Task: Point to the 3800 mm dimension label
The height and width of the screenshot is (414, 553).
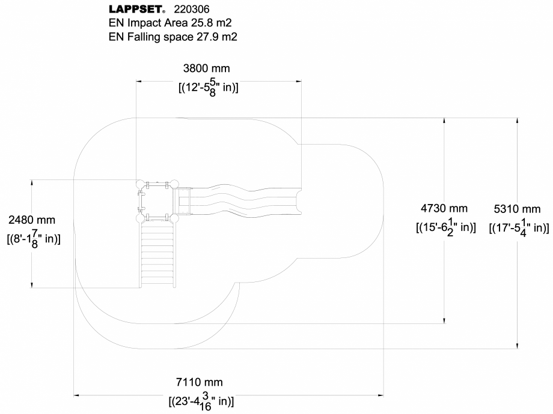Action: click(x=206, y=69)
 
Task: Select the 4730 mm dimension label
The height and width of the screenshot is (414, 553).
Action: click(x=444, y=208)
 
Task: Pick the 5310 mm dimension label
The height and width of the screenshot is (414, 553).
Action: click(x=517, y=209)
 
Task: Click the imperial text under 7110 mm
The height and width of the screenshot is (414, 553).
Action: click(x=201, y=400)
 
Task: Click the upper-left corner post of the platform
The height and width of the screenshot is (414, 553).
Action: click(x=140, y=184)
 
